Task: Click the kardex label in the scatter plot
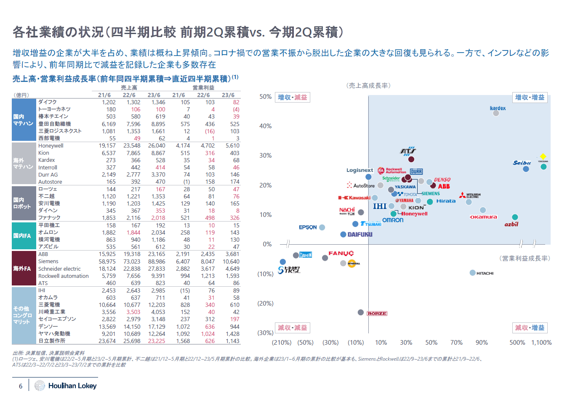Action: point(498,108)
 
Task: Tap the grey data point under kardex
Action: point(496,113)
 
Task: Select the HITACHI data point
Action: point(472,273)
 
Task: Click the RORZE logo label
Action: point(377,314)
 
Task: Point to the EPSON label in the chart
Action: point(308,227)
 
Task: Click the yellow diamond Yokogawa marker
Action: point(543,156)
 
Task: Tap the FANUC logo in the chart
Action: point(341,253)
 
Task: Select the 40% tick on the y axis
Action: point(266,126)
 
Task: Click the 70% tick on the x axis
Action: point(456,343)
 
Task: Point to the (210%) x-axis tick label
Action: point(282,343)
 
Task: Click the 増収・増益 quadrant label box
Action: point(530,98)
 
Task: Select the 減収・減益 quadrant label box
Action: point(293,327)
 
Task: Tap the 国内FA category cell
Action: point(22,236)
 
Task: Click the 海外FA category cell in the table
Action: point(22,268)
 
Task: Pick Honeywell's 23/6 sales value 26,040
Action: point(156,146)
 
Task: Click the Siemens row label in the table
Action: point(48,261)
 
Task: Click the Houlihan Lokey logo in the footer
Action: point(66,385)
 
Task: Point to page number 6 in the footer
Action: point(21,386)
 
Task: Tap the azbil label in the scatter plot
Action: point(511,224)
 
